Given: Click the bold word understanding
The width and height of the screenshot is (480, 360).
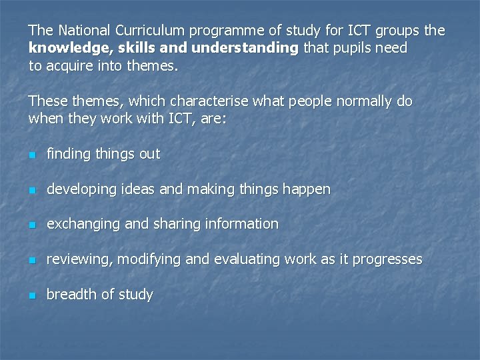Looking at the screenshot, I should pos(245,49).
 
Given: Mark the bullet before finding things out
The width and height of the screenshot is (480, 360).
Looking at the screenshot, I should pos(31,155).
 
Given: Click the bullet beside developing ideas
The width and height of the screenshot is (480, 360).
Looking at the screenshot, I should pos(31,190).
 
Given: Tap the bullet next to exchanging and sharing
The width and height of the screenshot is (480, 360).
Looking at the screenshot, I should pos(31,225).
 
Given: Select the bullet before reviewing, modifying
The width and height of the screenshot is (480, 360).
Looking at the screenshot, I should pos(31,260).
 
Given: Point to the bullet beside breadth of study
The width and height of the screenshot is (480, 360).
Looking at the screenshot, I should pos(31,295).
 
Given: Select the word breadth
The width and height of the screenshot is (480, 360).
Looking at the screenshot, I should pos(70,294).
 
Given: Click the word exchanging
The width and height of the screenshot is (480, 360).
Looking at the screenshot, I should pos(84,225).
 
